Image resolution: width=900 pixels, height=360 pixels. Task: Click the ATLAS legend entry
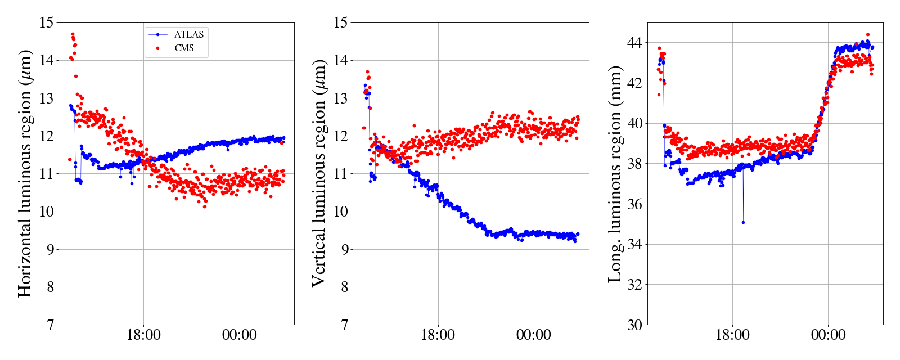point(188,35)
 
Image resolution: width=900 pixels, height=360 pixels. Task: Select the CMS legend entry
point(184,48)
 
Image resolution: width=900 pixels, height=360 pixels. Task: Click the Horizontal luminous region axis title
point(25,173)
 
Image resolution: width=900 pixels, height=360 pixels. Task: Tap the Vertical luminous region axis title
point(319,173)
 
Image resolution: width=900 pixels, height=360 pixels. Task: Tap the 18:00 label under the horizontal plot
point(143,336)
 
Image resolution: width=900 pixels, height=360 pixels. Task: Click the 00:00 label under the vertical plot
point(534,336)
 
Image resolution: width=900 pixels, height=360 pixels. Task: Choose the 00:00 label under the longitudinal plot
point(828,336)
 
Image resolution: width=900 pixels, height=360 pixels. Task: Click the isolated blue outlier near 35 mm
point(743,222)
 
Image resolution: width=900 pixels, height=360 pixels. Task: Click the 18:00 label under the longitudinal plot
point(732,336)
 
